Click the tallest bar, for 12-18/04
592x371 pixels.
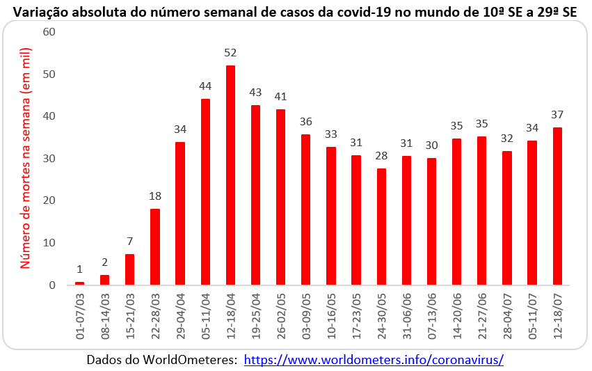(x=230, y=175)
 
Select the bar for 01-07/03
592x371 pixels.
(x=79, y=283)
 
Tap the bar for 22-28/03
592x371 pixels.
(x=155, y=246)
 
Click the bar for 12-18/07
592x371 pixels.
(x=557, y=206)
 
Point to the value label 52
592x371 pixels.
(x=230, y=53)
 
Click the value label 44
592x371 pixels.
(x=205, y=86)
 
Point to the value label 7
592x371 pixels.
(x=129, y=242)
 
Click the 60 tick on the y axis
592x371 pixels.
(x=49, y=32)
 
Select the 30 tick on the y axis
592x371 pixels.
(x=49, y=159)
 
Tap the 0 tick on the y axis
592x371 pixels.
(x=52, y=285)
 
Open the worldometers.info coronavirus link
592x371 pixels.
(x=374, y=360)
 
